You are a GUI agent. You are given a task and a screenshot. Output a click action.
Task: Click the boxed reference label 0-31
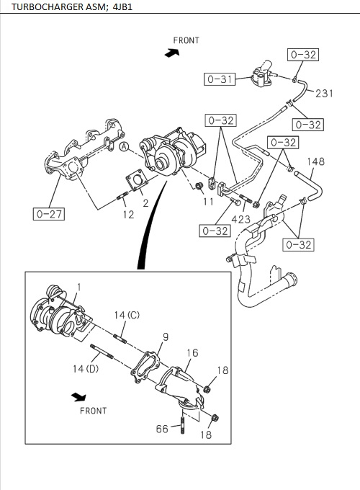(x=220, y=79)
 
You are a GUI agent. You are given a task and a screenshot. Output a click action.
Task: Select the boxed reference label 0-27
(x=48, y=213)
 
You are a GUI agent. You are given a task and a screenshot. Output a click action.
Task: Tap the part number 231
(x=324, y=93)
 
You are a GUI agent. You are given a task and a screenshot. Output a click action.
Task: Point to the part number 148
(x=317, y=162)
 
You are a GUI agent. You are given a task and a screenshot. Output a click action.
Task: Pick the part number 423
(x=241, y=218)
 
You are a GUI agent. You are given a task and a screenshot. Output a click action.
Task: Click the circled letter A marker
(x=124, y=147)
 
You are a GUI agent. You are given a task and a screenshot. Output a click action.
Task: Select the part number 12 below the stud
(x=127, y=214)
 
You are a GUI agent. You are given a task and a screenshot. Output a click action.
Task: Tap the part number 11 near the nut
(x=207, y=202)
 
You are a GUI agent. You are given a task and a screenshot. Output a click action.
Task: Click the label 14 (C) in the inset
(x=127, y=315)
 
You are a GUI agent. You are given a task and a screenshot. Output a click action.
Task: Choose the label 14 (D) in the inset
(x=86, y=369)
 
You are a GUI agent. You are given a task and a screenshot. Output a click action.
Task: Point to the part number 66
(x=163, y=429)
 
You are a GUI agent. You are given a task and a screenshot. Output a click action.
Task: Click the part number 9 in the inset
(x=165, y=337)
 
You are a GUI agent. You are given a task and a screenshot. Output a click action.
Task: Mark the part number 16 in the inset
(x=192, y=353)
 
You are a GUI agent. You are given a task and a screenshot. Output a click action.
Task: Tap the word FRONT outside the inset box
(x=186, y=40)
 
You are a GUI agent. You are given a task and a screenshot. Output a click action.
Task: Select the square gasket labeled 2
(x=135, y=182)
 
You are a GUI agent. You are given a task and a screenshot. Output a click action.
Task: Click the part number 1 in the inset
(x=79, y=287)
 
